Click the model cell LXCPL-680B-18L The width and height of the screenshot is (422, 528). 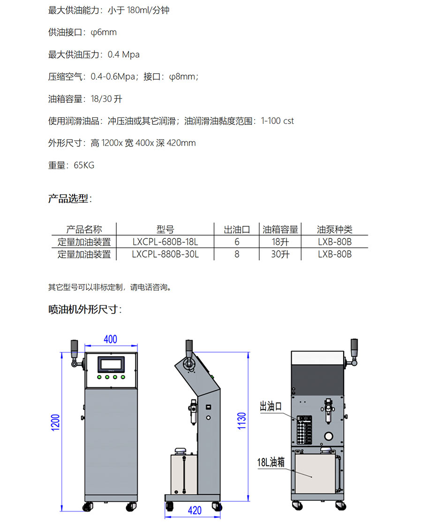[165, 242]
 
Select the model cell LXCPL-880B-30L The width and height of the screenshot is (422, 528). [165, 254]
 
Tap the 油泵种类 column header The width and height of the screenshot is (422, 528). [334, 230]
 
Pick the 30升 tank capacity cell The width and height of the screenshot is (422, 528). [280, 254]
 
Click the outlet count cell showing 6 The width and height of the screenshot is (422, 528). [237, 242]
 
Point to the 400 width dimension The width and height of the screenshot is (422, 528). [110, 339]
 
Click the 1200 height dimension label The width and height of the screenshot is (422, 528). [55, 422]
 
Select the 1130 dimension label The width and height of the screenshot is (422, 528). [241, 421]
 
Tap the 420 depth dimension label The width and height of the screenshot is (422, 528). [195, 511]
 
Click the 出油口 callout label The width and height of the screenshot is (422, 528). [271, 406]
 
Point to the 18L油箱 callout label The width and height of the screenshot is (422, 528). [271, 462]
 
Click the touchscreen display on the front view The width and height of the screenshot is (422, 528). [111, 364]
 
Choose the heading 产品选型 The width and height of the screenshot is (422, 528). [70, 199]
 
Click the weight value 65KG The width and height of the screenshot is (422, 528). [84, 165]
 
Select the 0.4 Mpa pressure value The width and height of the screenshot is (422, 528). [123, 54]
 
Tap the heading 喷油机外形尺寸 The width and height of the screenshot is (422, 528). [85, 309]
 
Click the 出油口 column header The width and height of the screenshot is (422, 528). [237, 230]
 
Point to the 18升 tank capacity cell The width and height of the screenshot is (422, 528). [280, 242]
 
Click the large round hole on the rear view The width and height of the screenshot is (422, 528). [328, 436]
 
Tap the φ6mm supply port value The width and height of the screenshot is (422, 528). [104, 32]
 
